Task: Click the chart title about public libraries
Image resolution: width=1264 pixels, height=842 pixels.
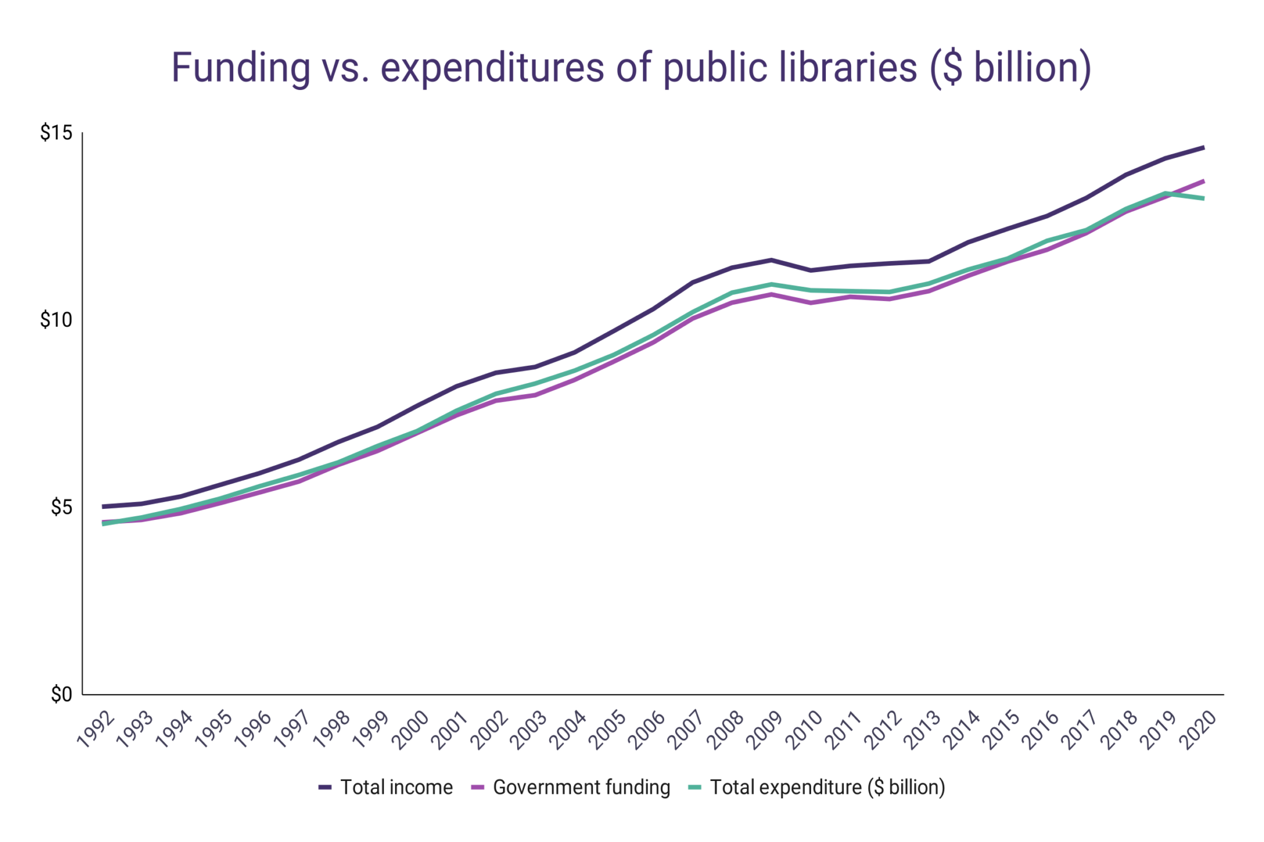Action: point(631,68)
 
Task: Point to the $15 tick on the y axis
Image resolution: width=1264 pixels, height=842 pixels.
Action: point(56,133)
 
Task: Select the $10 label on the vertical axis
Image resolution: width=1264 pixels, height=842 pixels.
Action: point(56,320)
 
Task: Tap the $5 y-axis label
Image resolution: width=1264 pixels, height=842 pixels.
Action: point(61,507)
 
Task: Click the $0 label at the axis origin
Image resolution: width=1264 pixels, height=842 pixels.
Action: point(61,695)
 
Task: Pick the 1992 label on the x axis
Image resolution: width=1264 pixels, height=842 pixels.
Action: point(96,730)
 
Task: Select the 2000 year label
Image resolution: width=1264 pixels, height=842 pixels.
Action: point(411,730)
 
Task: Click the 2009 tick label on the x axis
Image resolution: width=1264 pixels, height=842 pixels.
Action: point(765,730)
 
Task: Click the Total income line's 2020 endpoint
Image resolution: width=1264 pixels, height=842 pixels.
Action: point(1204,147)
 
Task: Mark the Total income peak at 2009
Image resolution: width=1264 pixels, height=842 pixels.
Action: point(771,260)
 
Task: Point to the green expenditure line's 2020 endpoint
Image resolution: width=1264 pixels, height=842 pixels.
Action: point(1204,199)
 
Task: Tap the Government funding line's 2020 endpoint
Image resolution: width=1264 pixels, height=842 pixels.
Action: point(1204,181)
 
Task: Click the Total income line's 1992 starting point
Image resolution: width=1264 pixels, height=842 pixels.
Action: point(103,506)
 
